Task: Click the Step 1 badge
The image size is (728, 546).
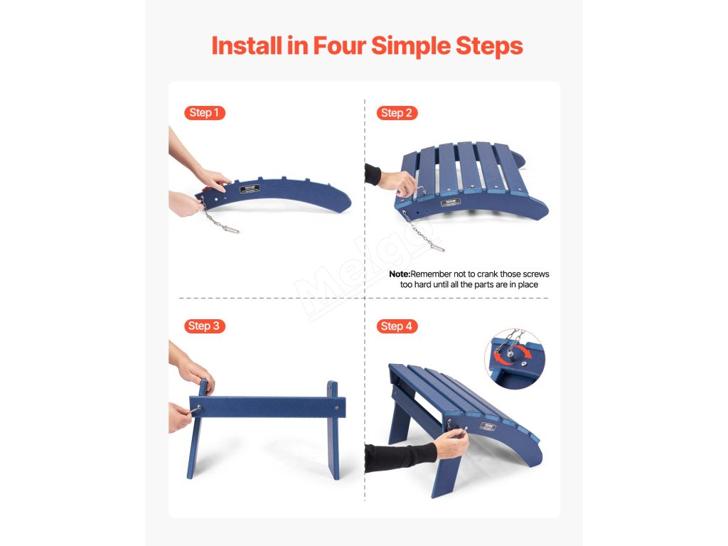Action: (x=204, y=113)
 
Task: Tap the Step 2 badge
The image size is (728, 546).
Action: (x=397, y=113)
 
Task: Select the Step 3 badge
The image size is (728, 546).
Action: (x=204, y=326)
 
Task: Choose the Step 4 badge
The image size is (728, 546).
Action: (x=397, y=326)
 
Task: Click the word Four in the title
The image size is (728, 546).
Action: (x=339, y=45)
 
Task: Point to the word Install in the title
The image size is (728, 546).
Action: (x=247, y=45)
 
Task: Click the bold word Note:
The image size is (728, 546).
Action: (x=400, y=274)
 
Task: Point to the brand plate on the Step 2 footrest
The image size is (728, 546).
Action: (x=450, y=202)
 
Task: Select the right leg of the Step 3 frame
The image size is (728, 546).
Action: (x=333, y=430)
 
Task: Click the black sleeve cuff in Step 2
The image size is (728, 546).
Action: (x=373, y=174)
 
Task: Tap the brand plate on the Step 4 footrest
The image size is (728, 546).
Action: (x=488, y=427)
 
